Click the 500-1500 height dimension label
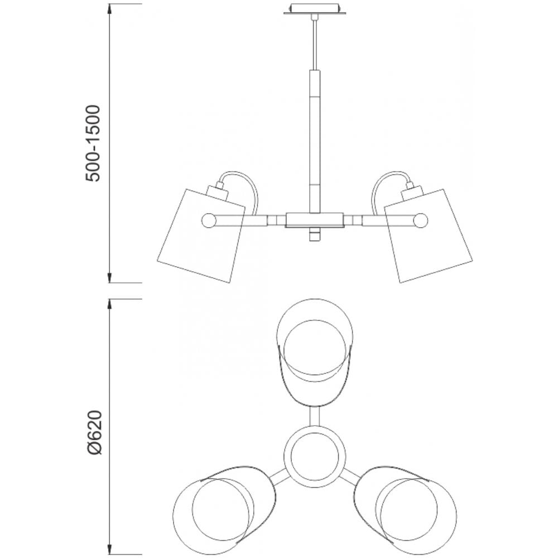[x=94, y=143]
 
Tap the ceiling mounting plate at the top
[x=315, y=9]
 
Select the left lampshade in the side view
[x=201, y=236]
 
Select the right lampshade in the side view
[x=429, y=236]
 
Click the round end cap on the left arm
[x=209, y=220]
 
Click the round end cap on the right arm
[x=421, y=220]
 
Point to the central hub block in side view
[x=315, y=220]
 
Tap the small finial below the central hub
[x=315, y=234]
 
